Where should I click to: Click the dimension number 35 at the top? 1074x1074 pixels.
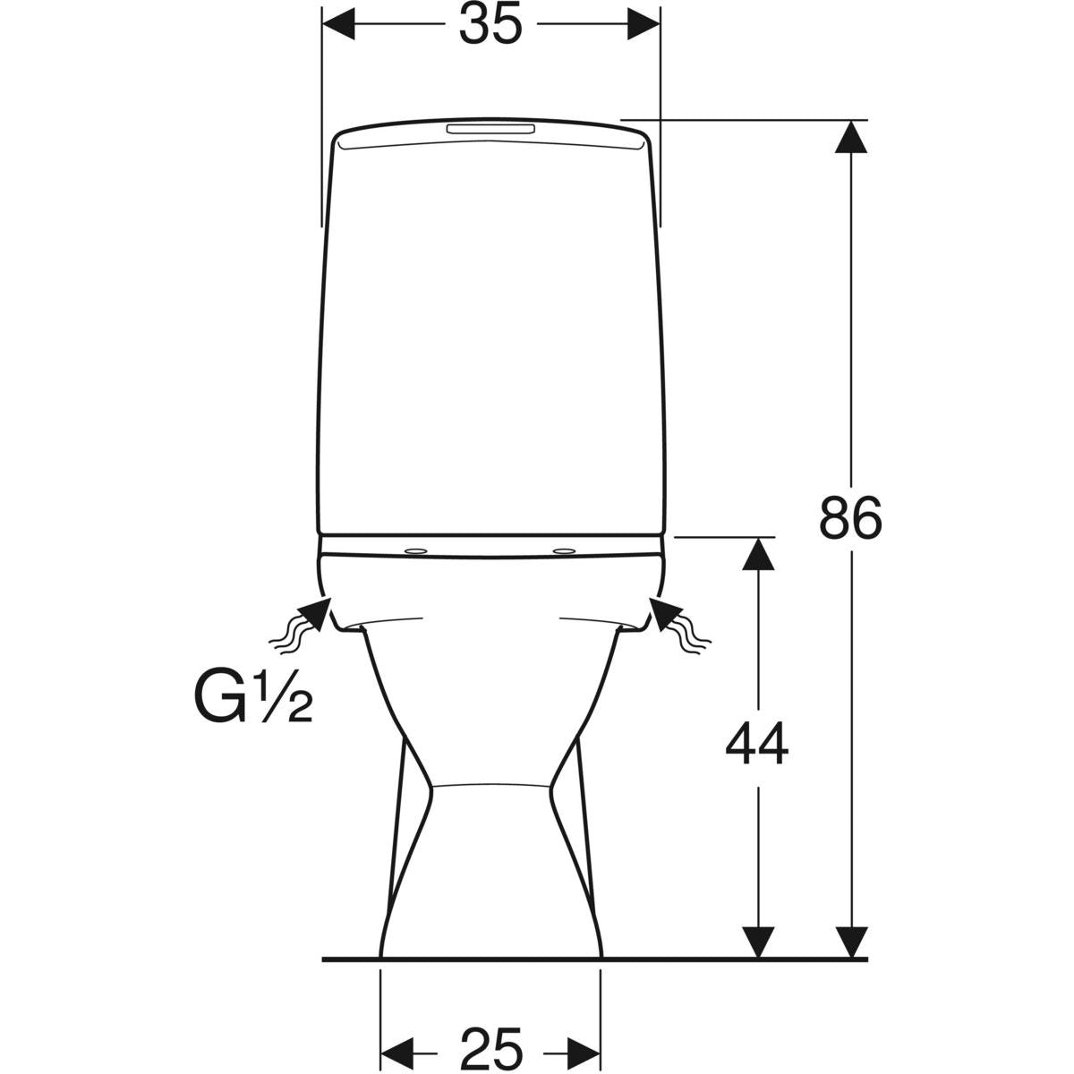pos(490,26)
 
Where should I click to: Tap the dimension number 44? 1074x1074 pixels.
pos(757,743)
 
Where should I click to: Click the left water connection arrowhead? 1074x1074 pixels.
pos(314,615)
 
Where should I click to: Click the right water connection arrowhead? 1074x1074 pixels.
pos(665,615)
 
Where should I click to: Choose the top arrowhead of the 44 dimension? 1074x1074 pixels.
pos(758,555)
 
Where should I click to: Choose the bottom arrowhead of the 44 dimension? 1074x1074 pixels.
pos(758,940)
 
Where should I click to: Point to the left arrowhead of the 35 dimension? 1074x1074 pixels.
pos(339,24)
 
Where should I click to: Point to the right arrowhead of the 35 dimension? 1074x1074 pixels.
pos(643,24)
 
